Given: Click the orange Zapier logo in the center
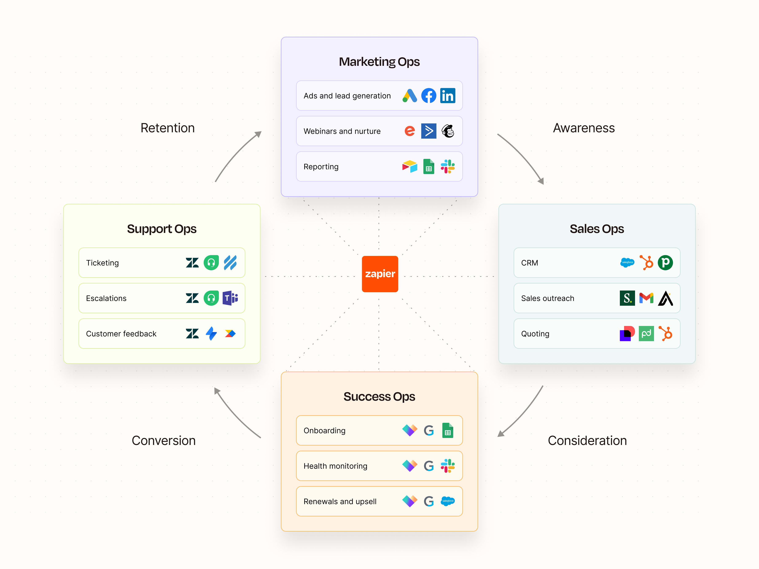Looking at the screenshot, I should click(380, 274).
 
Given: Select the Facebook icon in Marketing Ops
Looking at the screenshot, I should click(429, 95).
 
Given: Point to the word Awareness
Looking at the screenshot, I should click(583, 128).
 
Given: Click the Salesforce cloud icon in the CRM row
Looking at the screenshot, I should click(627, 263).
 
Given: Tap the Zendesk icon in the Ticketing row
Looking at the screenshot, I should click(192, 263).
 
